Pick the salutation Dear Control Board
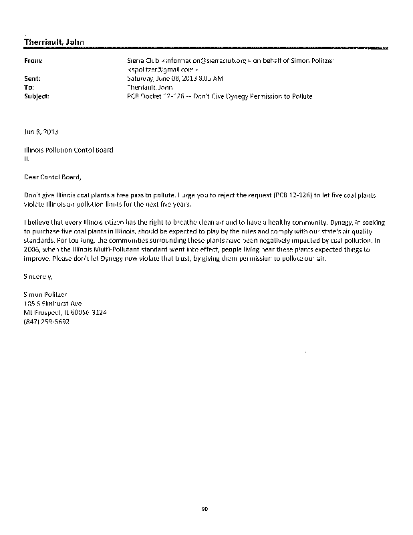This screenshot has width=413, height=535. click(55, 177)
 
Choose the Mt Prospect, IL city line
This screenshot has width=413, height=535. click(61, 311)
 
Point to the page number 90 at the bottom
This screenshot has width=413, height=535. click(206, 509)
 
